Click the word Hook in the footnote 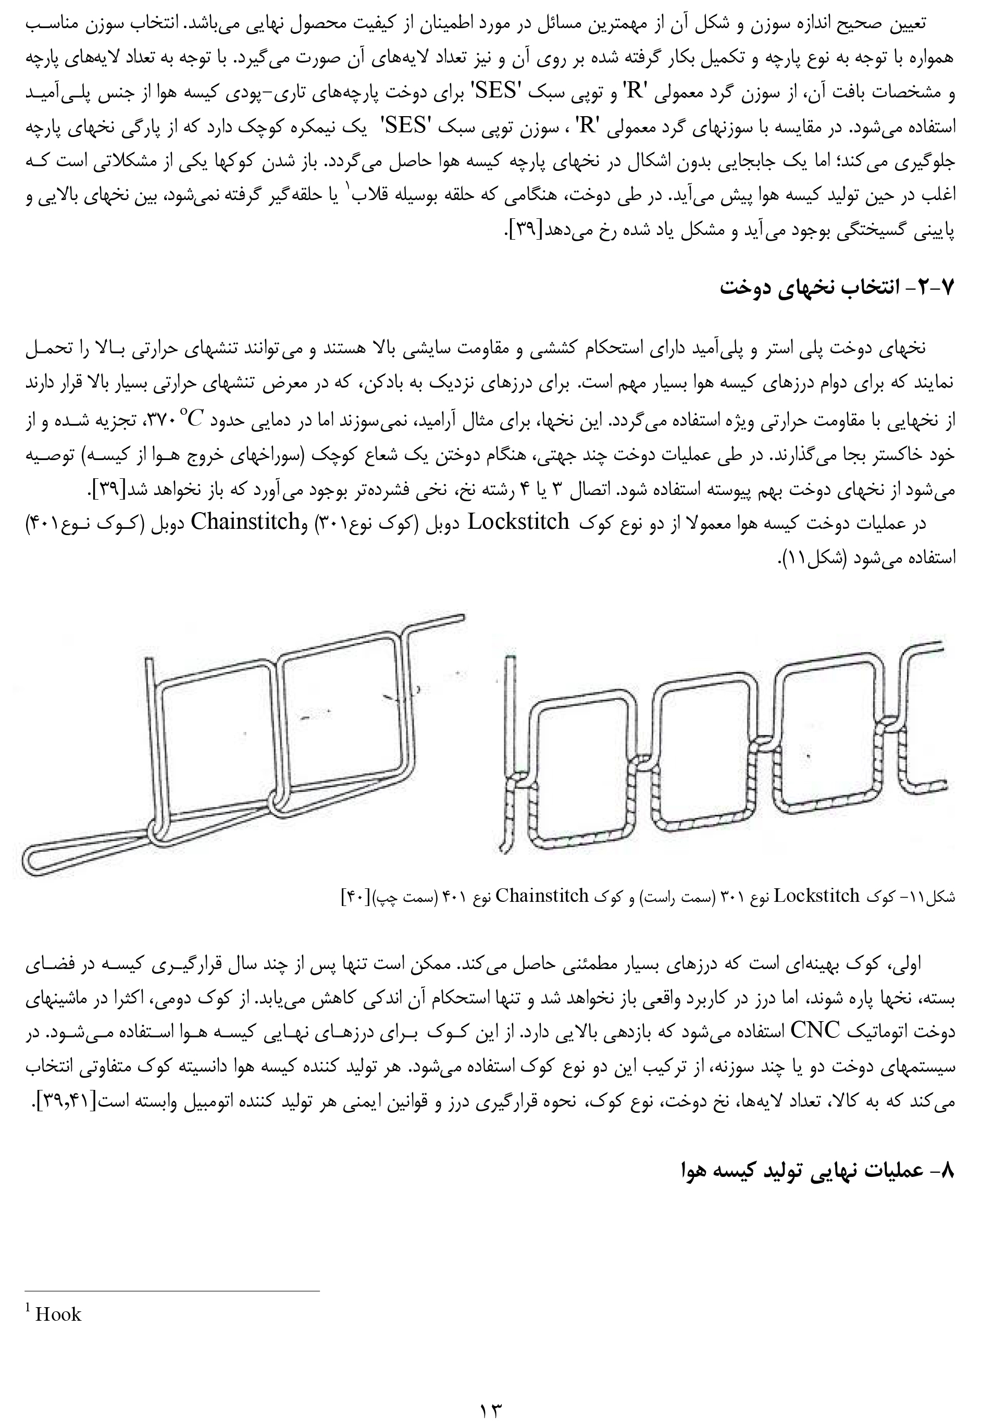[x=58, y=1315]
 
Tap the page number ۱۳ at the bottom [x=491, y=1408]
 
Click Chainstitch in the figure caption [x=541, y=897]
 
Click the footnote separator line [x=172, y=1291]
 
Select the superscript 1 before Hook [x=28, y=1310]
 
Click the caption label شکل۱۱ [x=930, y=897]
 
